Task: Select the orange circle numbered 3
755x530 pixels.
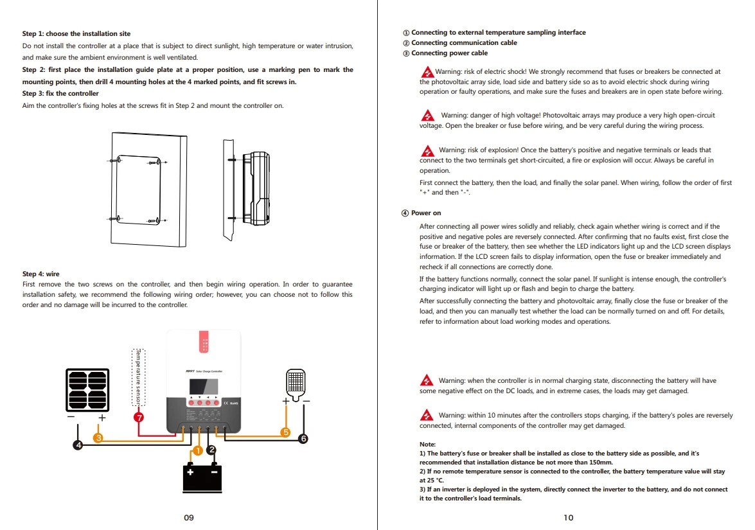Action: [x=98, y=437]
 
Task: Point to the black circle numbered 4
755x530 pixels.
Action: [x=78, y=445]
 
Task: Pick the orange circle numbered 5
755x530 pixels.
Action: [x=286, y=432]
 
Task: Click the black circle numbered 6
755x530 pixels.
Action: [x=303, y=439]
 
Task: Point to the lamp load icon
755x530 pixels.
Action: [x=295, y=383]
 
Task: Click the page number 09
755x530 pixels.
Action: [x=189, y=518]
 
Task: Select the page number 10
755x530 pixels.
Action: [x=568, y=518]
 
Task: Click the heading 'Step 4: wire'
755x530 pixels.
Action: [x=40, y=274]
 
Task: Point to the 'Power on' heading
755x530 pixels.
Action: [x=426, y=213]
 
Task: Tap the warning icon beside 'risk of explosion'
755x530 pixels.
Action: [x=427, y=151]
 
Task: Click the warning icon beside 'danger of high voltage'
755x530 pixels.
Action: [x=427, y=116]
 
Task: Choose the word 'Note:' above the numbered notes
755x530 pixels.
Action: [x=427, y=445]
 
